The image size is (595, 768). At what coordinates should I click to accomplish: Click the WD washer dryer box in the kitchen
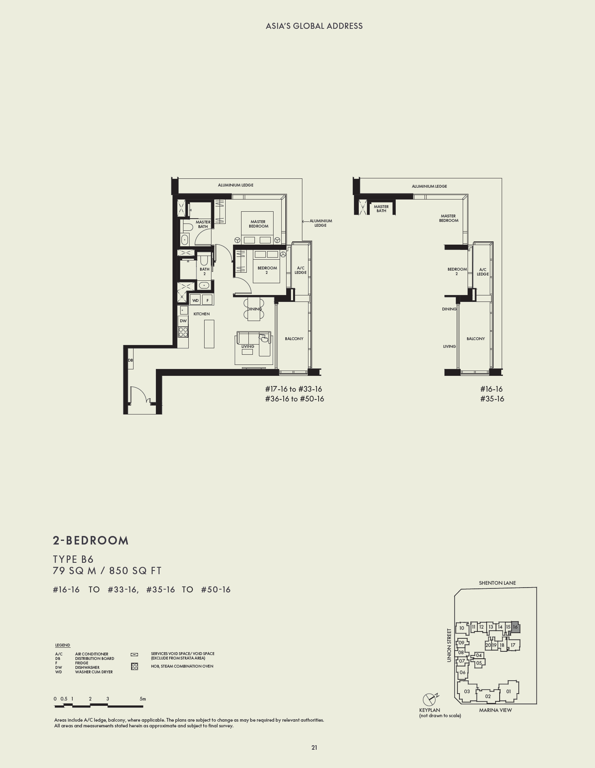tap(196, 300)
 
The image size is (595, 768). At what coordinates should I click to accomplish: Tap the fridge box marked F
tap(207, 300)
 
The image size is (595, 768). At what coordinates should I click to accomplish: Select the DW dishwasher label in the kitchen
tap(183, 321)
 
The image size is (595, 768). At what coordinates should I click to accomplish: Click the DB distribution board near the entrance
tap(130, 360)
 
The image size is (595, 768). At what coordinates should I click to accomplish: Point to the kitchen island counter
tap(209, 334)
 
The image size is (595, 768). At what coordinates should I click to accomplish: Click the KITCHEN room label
tap(201, 314)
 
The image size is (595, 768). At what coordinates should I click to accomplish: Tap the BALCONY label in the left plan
tap(294, 338)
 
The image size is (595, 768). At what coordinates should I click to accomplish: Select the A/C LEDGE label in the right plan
tap(483, 272)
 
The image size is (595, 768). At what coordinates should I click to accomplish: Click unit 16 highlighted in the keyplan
tap(515, 627)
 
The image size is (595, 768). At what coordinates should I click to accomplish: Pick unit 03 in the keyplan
tap(467, 691)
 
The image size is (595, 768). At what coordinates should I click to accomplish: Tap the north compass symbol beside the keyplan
tap(429, 699)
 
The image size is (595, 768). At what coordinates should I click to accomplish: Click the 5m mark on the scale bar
tap(142, 699)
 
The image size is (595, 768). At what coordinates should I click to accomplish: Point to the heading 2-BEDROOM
tap(91, 540)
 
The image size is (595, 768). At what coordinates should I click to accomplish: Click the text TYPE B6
tap(73, 559)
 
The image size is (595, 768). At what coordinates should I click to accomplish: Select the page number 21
tap(314, 747)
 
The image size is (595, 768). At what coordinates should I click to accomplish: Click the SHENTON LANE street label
tap(497, 583)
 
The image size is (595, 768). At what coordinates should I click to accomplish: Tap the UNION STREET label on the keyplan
tap(449, 645)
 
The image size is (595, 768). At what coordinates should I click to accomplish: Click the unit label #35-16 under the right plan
tap(492, 399)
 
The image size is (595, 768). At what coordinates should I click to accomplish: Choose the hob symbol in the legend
tap(134, 666)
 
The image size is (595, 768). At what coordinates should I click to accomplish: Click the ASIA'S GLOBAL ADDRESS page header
tap(314, 26)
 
